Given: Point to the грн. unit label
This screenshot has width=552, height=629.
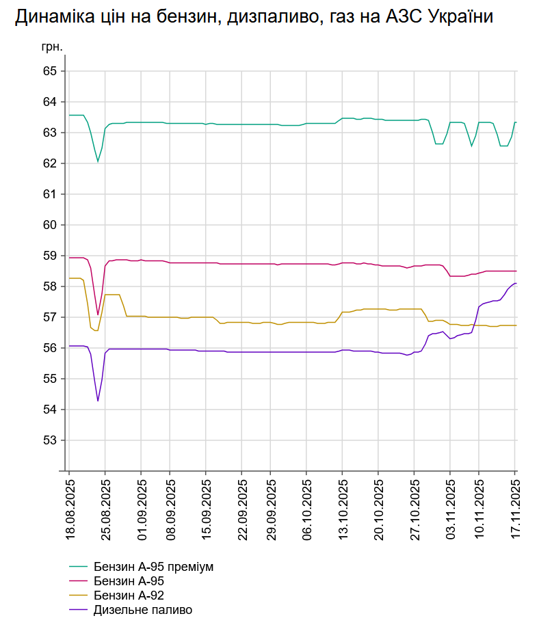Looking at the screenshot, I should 52,48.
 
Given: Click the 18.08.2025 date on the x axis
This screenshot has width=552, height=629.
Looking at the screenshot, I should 70,509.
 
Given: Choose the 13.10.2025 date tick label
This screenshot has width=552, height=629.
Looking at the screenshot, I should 343,509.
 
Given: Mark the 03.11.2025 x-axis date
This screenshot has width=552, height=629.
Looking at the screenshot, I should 451,509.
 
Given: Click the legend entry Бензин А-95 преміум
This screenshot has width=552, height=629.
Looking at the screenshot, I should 154,567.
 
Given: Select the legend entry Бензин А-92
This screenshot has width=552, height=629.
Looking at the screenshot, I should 129,595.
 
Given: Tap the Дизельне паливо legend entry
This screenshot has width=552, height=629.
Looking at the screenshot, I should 143,610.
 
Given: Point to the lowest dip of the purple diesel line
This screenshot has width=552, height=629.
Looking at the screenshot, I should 98,401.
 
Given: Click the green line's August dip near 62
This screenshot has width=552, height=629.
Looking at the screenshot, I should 98,161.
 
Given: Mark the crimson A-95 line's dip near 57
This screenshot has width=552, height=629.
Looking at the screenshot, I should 98,314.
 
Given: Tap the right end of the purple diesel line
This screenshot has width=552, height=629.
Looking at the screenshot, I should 516,283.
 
